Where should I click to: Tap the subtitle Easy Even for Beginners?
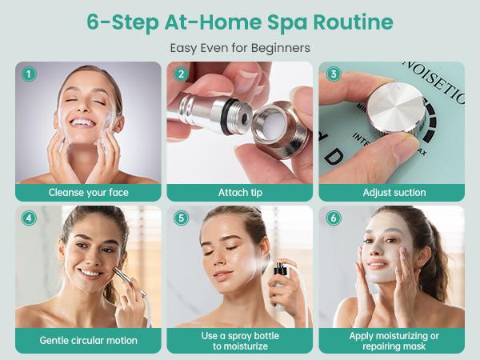coord(239,48)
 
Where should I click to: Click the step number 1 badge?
coord(29,74)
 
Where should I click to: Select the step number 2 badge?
coord(181,74)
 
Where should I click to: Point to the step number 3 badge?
coord(333,74)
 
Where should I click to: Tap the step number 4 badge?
coord(29,218)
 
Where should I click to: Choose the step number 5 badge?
coord(181,218)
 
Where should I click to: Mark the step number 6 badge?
coord(333,218)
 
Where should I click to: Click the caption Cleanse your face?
coord(88,193)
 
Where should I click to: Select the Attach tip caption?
coord(240,193)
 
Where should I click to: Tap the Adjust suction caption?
coord(392,193)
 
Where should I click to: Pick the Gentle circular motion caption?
coord(88,340)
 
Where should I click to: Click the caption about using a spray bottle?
coord(240,341)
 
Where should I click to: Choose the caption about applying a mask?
coord(392,341)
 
